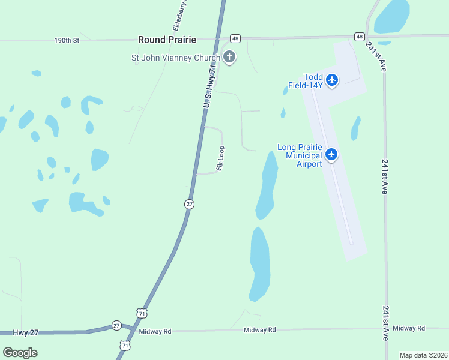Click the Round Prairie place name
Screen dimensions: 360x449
click(167, 40)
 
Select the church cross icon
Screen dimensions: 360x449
click(229, 58)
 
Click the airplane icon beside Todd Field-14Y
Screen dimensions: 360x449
click(332, 79)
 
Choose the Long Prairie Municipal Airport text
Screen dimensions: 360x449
click(300, 155)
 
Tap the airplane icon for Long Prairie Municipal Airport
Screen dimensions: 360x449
click(331, 155)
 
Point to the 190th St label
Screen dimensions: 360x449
click(67, 41)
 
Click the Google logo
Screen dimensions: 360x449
click(20, 352)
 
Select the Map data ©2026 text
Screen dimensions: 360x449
click(423, 355)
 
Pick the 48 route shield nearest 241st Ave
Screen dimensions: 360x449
click(359, 37)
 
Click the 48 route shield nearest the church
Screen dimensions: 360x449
click(235, 38)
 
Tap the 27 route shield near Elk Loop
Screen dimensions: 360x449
click(189, 204)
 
